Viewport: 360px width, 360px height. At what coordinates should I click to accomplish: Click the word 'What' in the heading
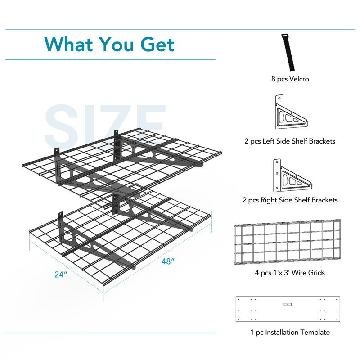pos(69,44)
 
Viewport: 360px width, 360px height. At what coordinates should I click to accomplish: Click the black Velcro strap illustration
pos(288,52)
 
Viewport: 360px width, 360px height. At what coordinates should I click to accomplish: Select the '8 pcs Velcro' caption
pos(290,79)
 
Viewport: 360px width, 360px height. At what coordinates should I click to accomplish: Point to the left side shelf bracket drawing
pos(291,112)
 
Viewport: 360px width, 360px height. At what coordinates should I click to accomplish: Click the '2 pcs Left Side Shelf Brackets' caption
pos(290,141)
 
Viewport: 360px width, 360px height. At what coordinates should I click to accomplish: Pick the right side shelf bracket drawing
pos(292,175)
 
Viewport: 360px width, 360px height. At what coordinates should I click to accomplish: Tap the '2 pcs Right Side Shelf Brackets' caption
pos(290,200)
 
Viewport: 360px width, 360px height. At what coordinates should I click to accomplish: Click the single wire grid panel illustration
pos(288,242)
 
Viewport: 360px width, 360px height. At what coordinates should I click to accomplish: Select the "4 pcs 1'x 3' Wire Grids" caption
pos(290,273)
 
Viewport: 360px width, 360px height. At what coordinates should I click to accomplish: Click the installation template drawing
pos(288,309)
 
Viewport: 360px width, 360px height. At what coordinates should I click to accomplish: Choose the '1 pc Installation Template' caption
pos(290,332)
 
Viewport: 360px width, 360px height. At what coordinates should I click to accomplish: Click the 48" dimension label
pos(168,261)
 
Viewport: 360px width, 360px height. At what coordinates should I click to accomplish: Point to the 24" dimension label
pos(61,274)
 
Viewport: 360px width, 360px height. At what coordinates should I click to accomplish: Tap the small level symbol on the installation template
pos(288,304)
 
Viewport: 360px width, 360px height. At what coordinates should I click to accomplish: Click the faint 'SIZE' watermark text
pos(105,126)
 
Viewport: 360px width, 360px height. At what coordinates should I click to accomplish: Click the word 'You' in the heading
pos(117,44)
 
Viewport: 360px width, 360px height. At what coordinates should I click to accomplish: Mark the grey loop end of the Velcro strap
pos(285,36)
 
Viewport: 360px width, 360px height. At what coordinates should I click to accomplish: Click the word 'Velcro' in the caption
pos(299,79)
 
